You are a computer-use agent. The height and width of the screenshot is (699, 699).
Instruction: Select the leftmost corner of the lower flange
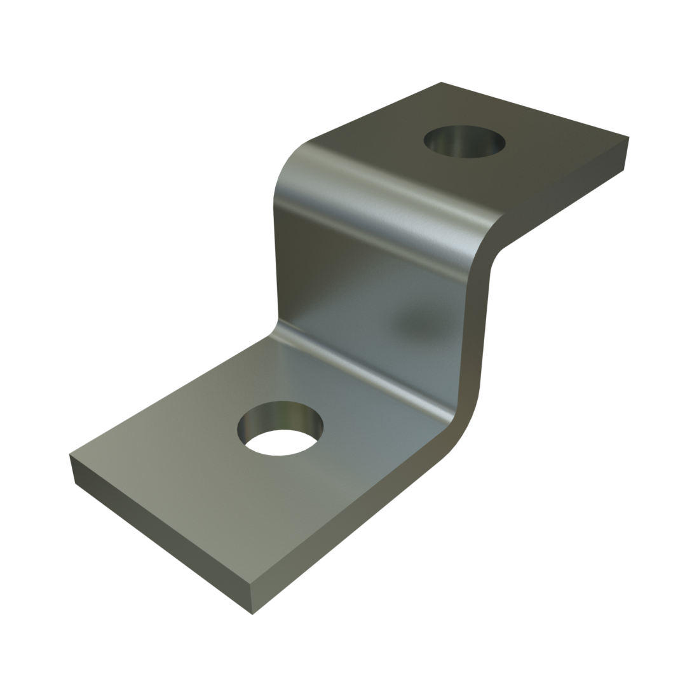[70, 454]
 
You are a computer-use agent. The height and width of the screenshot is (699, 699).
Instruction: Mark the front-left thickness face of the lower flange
[159, 534]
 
